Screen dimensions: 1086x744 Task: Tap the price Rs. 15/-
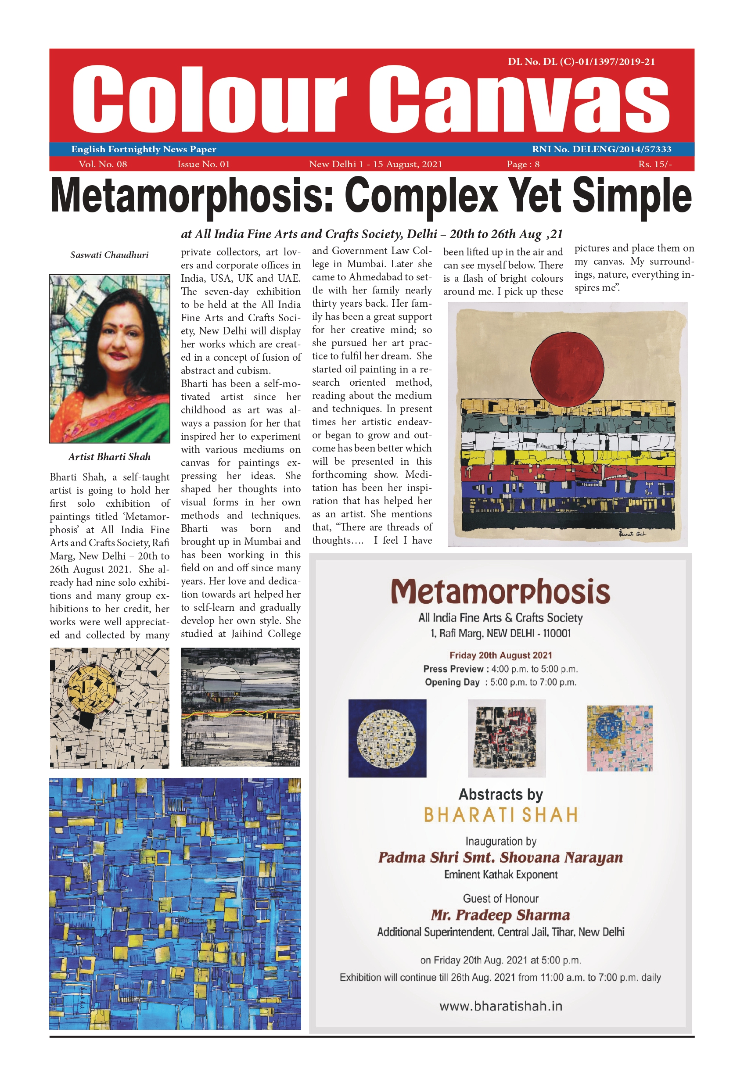(x=655, y=164)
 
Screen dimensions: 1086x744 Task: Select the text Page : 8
(x=523, y=164)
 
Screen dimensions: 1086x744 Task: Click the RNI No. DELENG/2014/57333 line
(x=601, y=149)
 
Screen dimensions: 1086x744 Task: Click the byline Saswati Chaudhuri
(x=109, y=254)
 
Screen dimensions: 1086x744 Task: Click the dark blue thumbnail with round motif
(x=387, y=738)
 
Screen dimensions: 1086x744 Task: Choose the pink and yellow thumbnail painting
(x=619, y=738)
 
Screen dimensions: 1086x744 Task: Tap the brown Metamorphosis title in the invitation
(x=500, y=592)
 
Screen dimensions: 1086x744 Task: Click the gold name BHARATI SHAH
(x=500, y=815)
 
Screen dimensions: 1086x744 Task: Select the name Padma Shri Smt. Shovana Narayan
(x=500, y=857)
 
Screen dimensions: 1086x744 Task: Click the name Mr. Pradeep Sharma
(x=500, y=915)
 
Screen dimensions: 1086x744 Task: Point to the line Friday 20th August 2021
(x=500, y=655)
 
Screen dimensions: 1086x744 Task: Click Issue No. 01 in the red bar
(x=203, y=164)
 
